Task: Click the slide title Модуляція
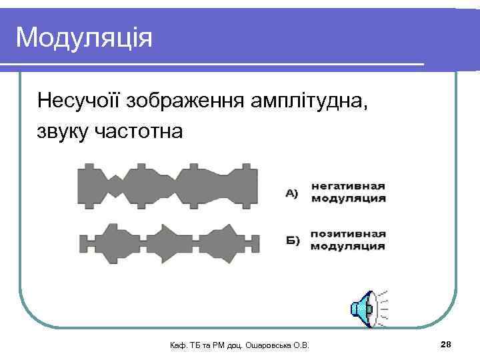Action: point(84,38)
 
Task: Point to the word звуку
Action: point(63,131)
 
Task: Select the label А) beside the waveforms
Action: point(292,193)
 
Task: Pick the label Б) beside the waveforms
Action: point(292,240)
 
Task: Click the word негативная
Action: point(347,186)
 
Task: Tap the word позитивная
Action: point(347,234)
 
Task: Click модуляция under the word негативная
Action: point(347,198)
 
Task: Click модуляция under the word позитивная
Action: point(347,246)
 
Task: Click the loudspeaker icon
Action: point(368,308)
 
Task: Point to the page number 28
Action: point(446,343)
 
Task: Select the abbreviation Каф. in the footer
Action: point(179,345)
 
